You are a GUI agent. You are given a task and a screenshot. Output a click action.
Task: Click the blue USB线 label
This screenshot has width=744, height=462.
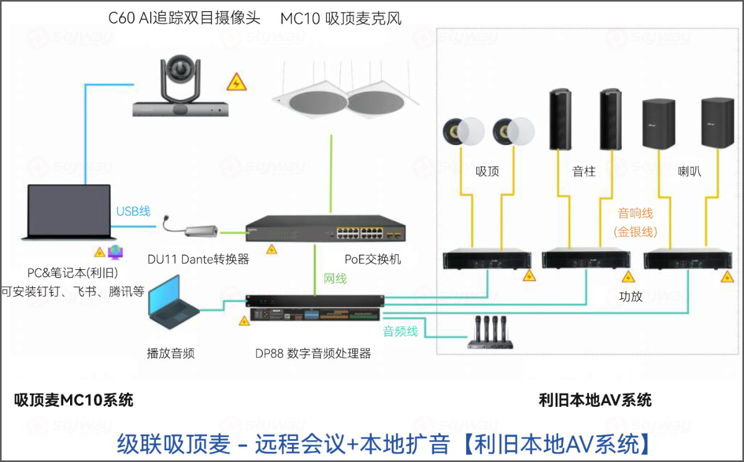133,211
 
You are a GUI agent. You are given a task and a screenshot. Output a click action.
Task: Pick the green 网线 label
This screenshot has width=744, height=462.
335,278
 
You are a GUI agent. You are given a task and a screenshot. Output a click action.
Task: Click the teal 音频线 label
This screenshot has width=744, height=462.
400,331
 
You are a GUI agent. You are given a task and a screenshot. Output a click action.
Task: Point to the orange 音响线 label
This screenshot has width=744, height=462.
635,213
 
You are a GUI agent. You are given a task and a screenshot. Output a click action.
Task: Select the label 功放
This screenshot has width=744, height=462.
631,296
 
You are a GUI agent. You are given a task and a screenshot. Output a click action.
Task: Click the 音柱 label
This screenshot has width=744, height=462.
584,172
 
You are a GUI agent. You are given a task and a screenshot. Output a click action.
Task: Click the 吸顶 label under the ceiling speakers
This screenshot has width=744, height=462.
487,172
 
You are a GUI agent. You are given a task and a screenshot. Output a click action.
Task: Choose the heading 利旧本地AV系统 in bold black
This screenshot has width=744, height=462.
595,400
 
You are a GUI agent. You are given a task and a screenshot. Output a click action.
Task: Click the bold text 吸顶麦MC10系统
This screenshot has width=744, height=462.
74,400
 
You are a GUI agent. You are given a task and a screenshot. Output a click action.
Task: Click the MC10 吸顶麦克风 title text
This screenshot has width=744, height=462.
341,19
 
